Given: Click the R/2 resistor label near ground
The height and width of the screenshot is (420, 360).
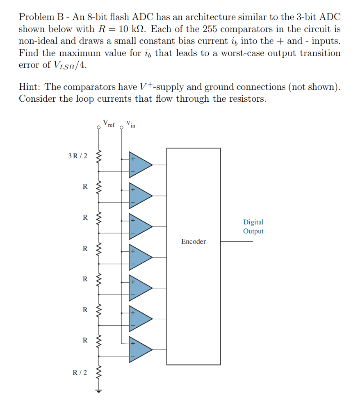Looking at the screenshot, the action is tap(80, 372).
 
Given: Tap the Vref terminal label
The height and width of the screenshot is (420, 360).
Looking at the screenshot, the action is tap(109, 123).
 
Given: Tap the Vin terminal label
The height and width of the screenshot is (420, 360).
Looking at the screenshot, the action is tap(131, 123).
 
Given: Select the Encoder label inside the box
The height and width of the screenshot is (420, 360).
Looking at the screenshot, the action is tap(193, 242).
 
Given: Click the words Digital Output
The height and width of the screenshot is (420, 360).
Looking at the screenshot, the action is tap(253, 226).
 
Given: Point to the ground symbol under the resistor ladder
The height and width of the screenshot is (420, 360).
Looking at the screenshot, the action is tap(98, 390).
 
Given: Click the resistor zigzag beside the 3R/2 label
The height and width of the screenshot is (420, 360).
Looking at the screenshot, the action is tap(98, 156).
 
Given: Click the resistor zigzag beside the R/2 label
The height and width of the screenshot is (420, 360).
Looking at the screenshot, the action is tap(98, 372).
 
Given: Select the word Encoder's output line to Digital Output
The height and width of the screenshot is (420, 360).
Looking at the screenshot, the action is tap(237, 241).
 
